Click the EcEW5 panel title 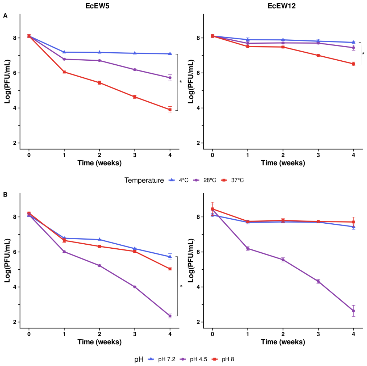[x=97, y=6]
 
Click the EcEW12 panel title [x=281, y=6]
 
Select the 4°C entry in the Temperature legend [x=179, y=180]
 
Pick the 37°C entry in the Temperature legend [x=232, y=180]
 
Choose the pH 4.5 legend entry [x=193, y=359]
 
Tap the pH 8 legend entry [x=223, y=359]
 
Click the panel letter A [x=5, y=16]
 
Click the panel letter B [x=5, y=195]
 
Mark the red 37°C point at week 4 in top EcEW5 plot [x=170, y=109]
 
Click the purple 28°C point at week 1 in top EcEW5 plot [x=64, y=59]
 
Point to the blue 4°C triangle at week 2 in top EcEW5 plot [x=100, y=52]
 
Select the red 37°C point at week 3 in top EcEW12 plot [x=318, y=55]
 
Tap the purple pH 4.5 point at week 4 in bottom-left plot [x=170, y=316]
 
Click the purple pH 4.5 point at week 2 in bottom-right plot [x=283, y=260]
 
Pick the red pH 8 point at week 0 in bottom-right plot [x=212, y=209]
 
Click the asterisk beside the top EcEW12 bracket [x=363, y=54]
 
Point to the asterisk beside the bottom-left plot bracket [x=181, y=286]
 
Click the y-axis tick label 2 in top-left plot [x=15, y=143]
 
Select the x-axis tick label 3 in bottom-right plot [x=318, y=334]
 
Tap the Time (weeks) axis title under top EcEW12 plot [x=283, y=163]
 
